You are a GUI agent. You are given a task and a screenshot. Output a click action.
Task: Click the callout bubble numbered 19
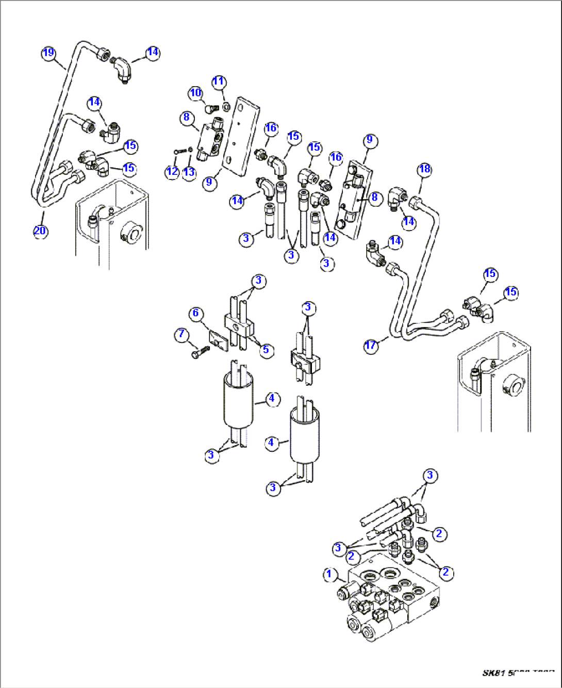(48, 53)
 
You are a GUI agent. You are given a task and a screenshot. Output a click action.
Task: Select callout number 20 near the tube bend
(40, 231)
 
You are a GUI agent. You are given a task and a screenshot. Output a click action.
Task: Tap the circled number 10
(195, 93)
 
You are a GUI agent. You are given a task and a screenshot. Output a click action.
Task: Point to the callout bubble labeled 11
(219, 81)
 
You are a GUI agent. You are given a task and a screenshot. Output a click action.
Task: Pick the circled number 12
(172, 172)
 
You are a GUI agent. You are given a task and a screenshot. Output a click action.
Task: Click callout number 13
(189, 172)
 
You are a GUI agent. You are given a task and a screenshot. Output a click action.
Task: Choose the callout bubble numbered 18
(424, 169)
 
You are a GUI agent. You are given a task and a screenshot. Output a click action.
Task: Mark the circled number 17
(371, 346)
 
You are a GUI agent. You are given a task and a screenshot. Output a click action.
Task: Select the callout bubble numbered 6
(196, 313)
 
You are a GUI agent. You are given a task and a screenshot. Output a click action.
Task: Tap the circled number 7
(181, 335)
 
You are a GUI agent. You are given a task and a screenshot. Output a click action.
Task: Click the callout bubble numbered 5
(266, 350)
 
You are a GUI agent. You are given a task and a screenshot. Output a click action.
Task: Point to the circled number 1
(330, 575)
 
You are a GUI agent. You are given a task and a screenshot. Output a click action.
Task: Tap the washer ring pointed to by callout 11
(226, 107)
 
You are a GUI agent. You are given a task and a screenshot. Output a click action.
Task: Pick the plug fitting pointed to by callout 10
(209, 109)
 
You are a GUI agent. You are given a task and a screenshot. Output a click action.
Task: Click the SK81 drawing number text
(518, 673)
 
